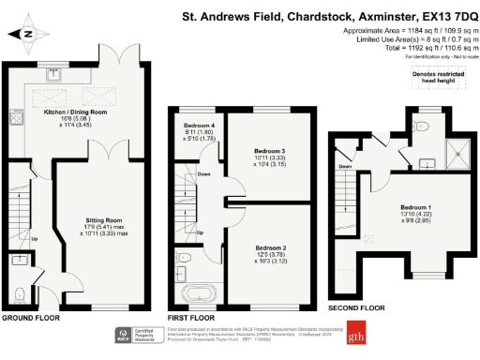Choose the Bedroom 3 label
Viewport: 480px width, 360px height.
[271, 156]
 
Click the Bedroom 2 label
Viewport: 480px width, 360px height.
[271, 253]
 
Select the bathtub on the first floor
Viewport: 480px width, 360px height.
[198, 293]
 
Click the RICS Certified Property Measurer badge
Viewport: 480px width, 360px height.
[139, 335]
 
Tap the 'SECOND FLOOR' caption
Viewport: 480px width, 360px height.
[355, 307]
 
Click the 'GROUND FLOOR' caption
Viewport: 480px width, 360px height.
[29, 319]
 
